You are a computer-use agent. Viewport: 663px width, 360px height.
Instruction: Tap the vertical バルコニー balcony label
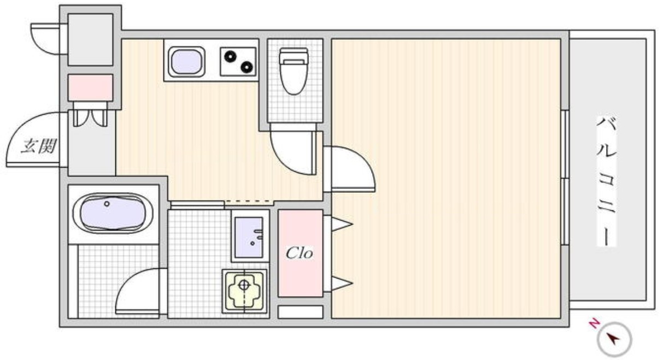(x=606, y=181)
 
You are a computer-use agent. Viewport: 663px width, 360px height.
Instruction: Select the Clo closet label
(x=299, y=253)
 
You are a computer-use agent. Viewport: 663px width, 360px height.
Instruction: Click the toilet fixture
(x=294, y=71)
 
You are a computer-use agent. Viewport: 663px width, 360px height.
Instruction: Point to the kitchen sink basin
(x=186, y=62)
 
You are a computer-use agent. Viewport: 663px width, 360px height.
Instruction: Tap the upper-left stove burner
(x=230, y=56)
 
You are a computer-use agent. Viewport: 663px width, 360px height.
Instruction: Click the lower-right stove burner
(x=247, y=67)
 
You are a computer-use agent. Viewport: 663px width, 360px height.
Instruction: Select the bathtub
(x=113, y=213)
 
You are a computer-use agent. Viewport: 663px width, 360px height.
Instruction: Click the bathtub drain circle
(x=107, y=204)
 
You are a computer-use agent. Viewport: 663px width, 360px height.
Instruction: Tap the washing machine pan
(x=244, y=291)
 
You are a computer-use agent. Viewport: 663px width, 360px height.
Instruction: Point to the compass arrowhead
(x=612, y=338)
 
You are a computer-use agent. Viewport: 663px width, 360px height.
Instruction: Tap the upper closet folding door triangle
(x=342, y=224)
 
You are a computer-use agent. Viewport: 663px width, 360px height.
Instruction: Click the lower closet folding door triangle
(x=342, y=284)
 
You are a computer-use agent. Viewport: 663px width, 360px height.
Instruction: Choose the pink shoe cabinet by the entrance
(x=90, y=88)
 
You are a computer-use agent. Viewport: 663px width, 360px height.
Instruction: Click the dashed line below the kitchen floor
(x=248, y=202)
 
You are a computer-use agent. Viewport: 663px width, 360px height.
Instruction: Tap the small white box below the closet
(x=300, y=312)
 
